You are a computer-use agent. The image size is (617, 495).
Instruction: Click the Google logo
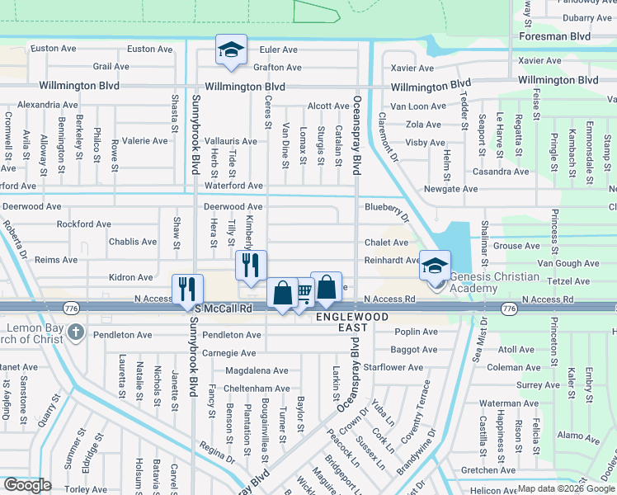[x=28, y=484]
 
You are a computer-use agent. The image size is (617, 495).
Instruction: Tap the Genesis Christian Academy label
[x=495, y=282]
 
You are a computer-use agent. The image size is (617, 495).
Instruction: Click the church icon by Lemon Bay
[x=76, y=332]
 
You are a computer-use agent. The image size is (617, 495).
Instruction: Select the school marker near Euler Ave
[x=231, y=50]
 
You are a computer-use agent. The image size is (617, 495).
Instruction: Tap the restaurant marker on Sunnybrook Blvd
[x=187, y=289]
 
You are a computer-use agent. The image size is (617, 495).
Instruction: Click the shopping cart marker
[x=304, y=291]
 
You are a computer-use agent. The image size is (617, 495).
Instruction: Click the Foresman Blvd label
[x=555, y=36]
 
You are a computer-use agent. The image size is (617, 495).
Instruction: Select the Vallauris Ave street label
[x=231, y=141]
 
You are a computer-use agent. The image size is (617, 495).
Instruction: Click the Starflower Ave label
[x=393, y=367]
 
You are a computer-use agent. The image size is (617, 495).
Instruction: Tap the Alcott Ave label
[x=328, y=106]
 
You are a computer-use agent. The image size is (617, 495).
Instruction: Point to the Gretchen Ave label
[x=489, y=470]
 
